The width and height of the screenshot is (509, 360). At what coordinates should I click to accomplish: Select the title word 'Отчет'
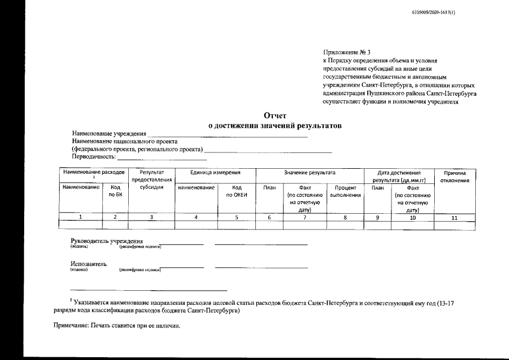tap(276, 115)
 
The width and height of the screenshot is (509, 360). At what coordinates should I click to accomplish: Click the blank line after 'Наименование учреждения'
tap(227, 135)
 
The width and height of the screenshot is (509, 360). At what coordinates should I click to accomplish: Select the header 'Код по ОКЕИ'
tap(237, 191)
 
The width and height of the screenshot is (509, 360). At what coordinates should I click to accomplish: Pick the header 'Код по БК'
tap(115, 191)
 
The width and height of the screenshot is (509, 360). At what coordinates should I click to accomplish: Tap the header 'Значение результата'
tap(309, 173)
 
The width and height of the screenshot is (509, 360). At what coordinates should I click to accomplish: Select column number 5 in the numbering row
tap(237, 217)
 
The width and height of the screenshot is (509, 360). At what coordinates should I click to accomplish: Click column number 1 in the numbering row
tap(80, 217)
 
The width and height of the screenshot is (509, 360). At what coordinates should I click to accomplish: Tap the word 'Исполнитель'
tap(89, 264)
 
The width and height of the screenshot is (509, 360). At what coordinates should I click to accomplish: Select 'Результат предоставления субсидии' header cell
tap(151, 180)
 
